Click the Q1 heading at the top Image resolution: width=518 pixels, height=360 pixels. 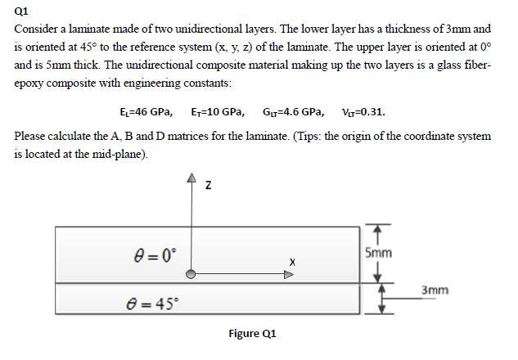pos(22,11)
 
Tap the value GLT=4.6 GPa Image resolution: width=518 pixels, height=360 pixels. pos(292,112)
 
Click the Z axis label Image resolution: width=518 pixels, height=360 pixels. pos(209,187)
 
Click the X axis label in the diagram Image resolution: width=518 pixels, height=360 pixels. pos(291,261)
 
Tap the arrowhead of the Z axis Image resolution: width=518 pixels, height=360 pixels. pos(191,178)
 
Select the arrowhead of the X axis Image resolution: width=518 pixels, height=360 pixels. pos(289,275)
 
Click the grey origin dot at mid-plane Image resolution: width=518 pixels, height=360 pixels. pos(191,275)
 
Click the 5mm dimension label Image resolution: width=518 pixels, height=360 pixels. pos(378,252)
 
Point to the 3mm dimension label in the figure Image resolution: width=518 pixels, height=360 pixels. pos(435,290)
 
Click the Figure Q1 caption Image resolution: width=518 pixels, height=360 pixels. pos(252,334)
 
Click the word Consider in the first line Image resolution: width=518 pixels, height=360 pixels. pos(38,29)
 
